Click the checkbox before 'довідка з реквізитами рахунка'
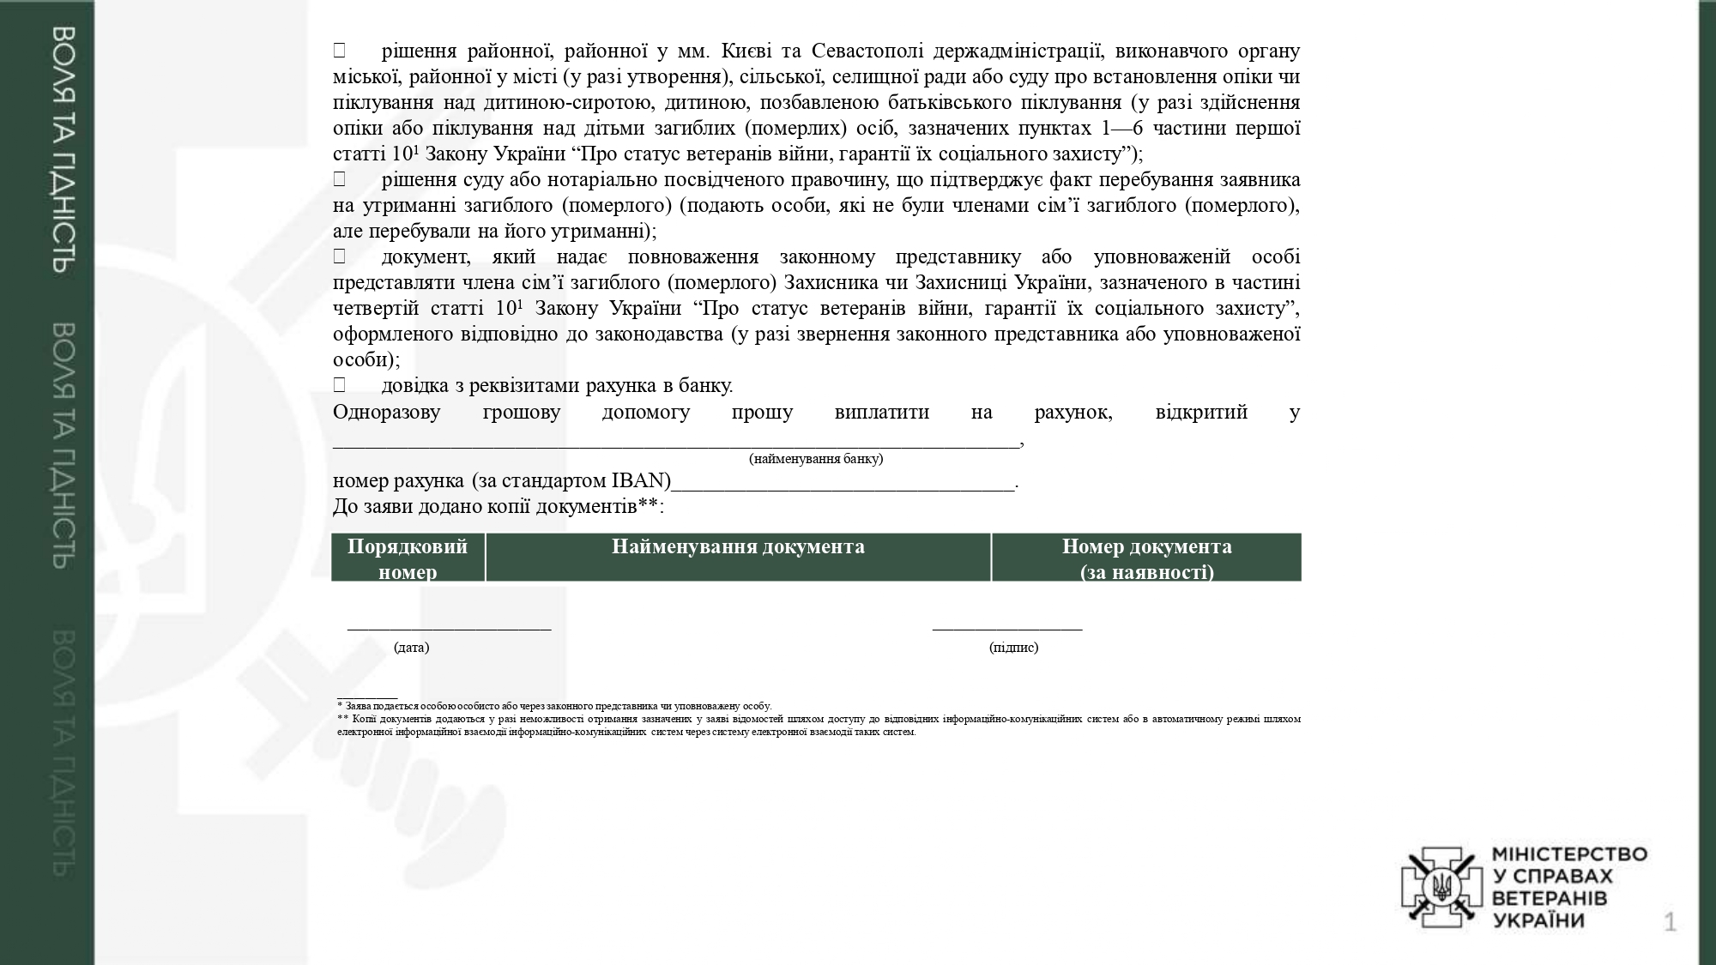340,385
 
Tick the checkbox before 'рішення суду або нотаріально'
340,179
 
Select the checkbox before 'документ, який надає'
340,256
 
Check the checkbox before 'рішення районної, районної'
340,51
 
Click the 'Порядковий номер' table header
408,558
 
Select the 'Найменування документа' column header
738,548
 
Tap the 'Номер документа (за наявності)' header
1146,558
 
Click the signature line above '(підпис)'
1007,629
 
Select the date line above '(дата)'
449,629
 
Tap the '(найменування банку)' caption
816,459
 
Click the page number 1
1670,923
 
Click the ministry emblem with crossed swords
1441,887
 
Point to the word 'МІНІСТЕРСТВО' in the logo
1570,854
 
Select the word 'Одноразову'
386,412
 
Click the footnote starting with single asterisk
554,706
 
